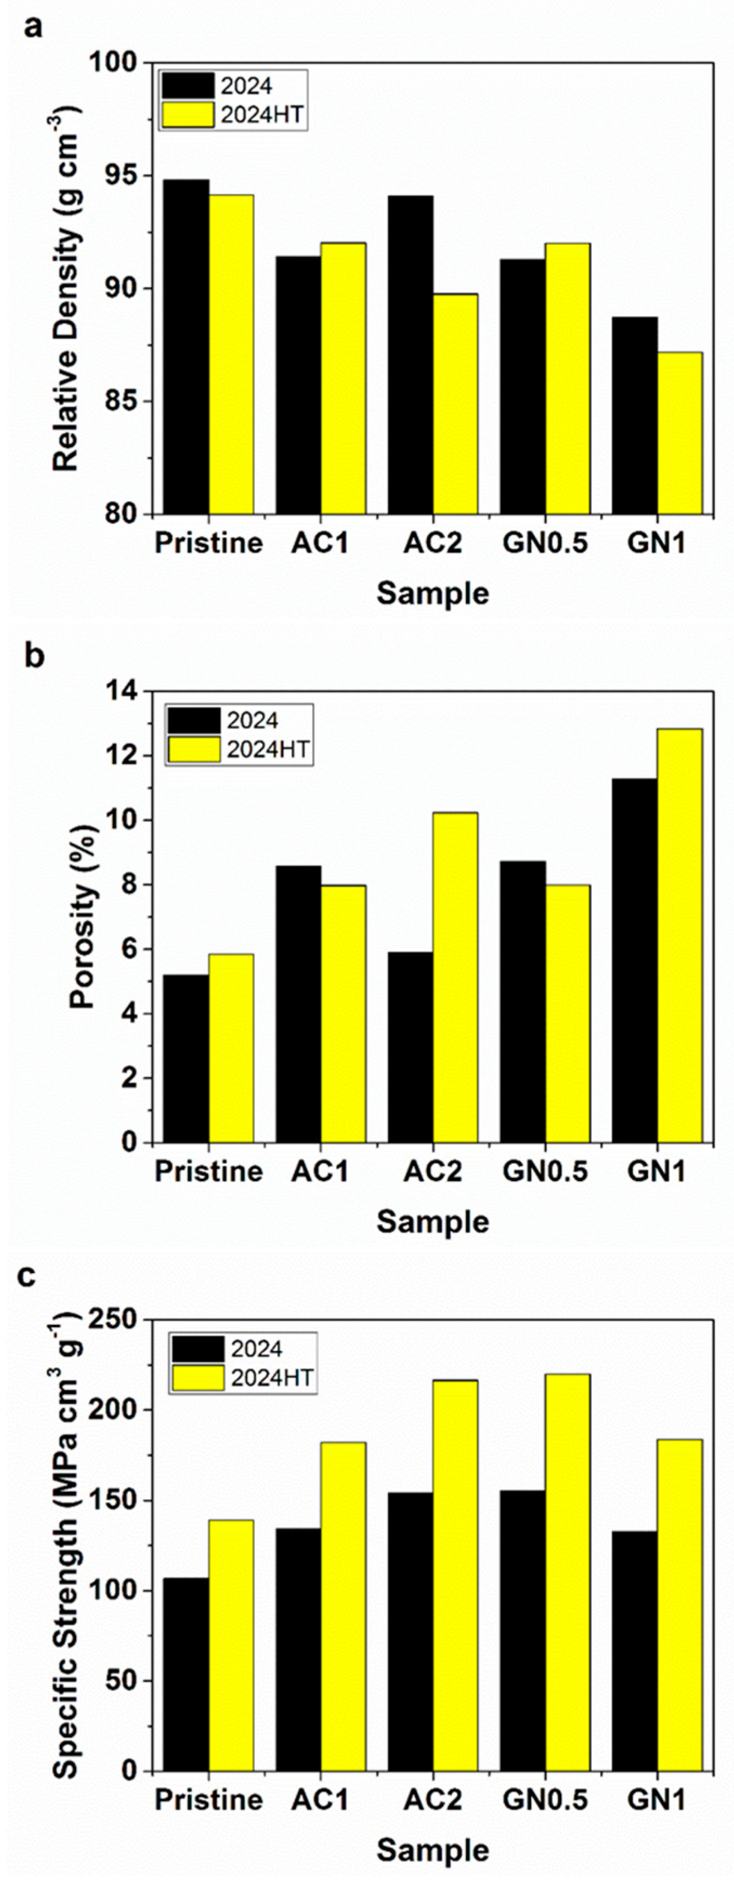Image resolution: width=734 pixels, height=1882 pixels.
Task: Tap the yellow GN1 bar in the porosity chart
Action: coord(679,935)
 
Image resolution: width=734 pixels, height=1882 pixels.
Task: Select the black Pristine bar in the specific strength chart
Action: coord(186,1673)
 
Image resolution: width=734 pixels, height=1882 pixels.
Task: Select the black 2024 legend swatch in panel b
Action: coord(193,720)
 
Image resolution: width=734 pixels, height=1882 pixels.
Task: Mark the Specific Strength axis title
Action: coord(66,1541)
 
